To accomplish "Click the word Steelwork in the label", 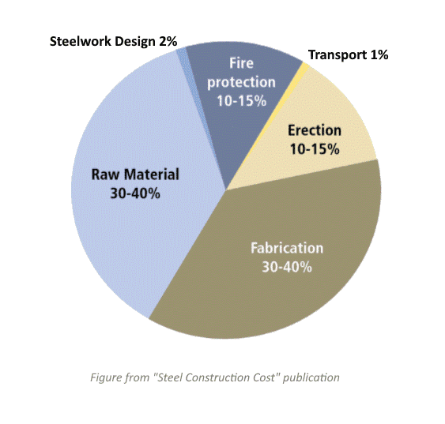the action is [81, 41].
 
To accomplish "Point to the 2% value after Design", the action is [168, 41].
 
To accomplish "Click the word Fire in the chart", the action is [241, 63].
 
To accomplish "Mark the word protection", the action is [241, 82].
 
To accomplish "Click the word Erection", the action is [315, 130].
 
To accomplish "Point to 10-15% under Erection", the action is [315, 149].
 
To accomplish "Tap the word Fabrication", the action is [287, 248].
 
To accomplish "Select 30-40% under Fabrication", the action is [287, 267].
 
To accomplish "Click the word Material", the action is [152, 174].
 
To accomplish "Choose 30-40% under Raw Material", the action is [135, 193].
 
